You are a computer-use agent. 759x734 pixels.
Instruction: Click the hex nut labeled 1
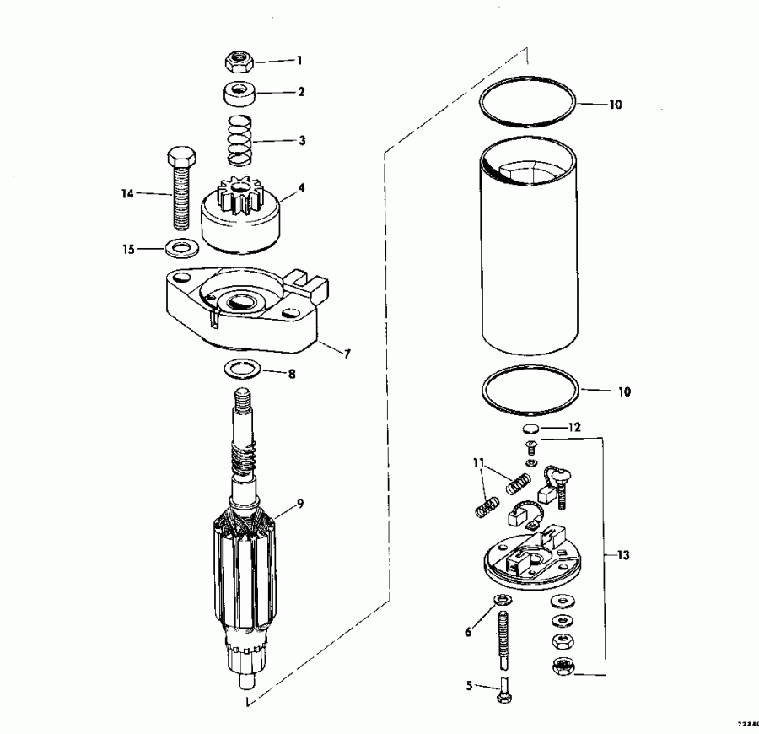pos(240,61)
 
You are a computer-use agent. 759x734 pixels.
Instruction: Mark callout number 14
pos(127,194)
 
